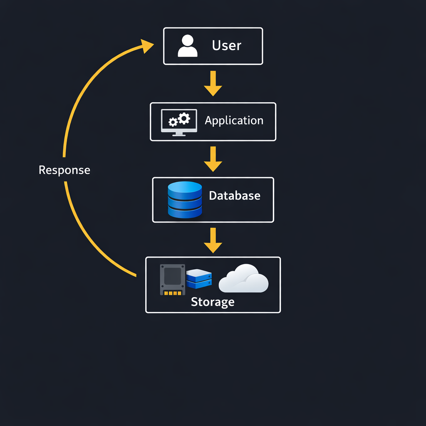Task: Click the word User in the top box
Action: pyautogui.click(x=226, y=45)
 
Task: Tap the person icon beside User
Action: pyautogui.click(x=188, y=46)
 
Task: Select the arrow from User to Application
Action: pyautogui.click(x=213, y=84)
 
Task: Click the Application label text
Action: pyautogui.click(x=234, y=121)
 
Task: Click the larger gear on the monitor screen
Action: pyautogui.click(x=184, y=118)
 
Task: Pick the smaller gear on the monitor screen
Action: pyautogui.click(x=172, y=122)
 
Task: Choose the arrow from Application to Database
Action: pyautogui.click(x=213, y=159)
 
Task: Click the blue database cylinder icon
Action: pyautogui.click(x=185, y=200)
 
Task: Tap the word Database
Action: pyautogui.click(x=235, y=196)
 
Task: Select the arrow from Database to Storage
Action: pyautogui.click(x=213, y=240)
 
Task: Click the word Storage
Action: pyautogui.click(x=213, y=302)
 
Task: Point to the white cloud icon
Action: pyautogui.click(x=244, y=279)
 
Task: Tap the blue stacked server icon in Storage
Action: pyautogui.click(x=199, y=279)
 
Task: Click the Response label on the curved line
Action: pyautogui.click(x=64, y=170)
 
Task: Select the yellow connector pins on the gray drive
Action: pyautogui.click(x=173, y=292)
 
